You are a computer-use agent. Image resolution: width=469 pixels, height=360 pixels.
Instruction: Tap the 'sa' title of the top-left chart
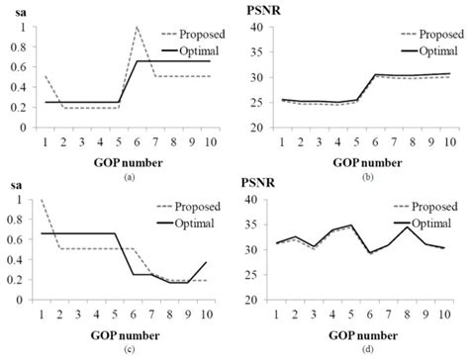pyautogui.click(x=18, y=11)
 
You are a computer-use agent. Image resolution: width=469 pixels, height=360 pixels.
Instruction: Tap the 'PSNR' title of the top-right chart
pyautogui.click(x=262, y=11)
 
